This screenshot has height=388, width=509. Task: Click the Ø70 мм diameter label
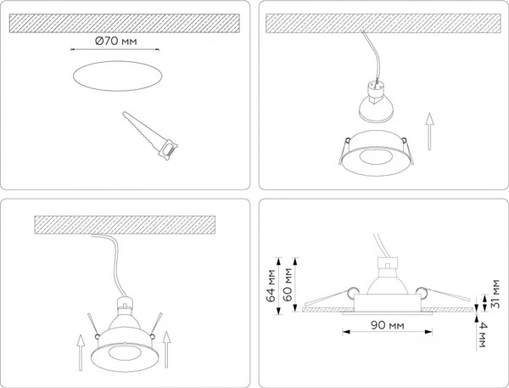tap(114, 42)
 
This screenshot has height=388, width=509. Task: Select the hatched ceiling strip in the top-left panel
tap(126, 22)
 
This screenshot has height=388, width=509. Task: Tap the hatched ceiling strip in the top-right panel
tap(382, 22)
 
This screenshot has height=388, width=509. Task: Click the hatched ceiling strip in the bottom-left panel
tap(127, 224)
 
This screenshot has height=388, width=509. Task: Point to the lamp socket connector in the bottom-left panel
tap(125, 302)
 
